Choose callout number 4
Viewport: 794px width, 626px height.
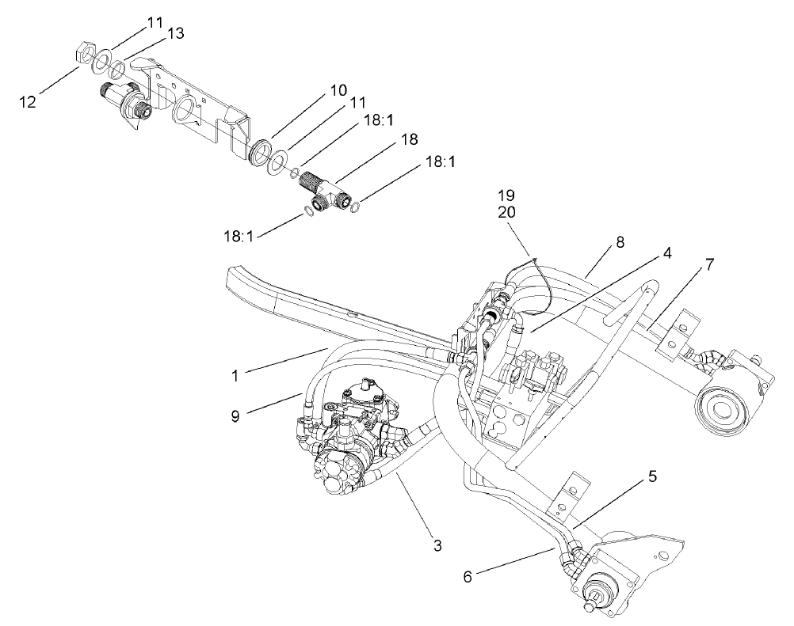(x=668, y=254)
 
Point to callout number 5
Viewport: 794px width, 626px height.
(x=652, y=477)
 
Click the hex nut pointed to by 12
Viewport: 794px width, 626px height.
(x=82, y=55)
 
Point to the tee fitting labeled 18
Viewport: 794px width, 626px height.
(x=326, y=191)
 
